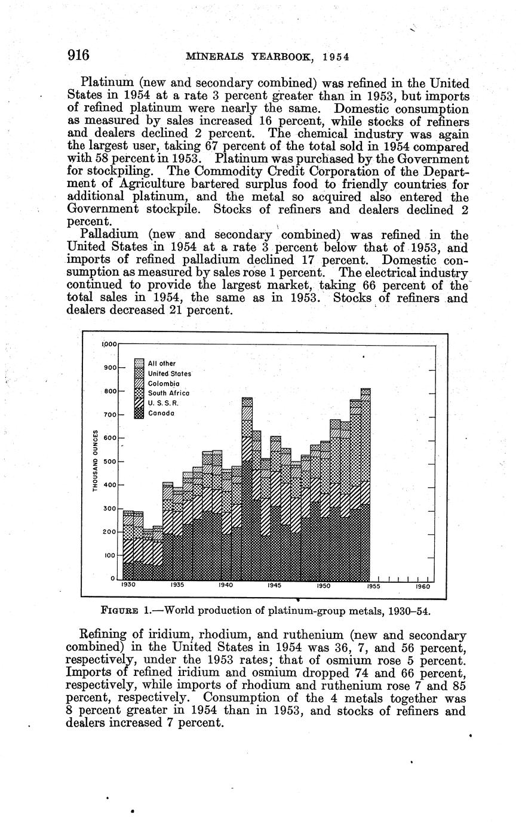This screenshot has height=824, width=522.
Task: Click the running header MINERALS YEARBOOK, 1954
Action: pos(267,57)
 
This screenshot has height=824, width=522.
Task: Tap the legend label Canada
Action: pos(161,413)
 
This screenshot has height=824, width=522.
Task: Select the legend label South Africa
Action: pos(168,393)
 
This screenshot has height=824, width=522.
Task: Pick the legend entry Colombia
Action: pos(163,383)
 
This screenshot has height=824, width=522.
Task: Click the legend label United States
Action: pos(169,374)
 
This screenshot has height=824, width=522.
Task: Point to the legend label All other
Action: pos(161,364)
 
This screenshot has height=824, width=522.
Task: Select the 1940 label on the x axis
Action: pos(225,586)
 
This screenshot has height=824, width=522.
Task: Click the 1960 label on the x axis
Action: pos(422,586)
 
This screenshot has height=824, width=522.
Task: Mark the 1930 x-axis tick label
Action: pos(128,586)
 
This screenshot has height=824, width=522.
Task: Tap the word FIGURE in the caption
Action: pos(121,611)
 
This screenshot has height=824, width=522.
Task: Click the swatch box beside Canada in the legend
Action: pos(139,413)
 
